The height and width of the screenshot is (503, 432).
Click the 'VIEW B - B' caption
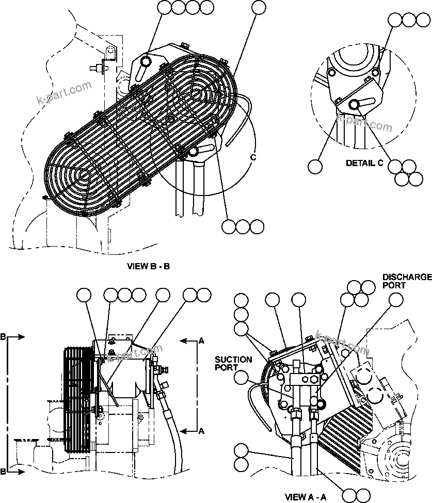tap(148, 267)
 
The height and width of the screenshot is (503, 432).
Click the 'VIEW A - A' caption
tap(306, 497)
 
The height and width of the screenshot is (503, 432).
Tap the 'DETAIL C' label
tap(364, 163)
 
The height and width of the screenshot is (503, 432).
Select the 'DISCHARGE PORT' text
tap(406, 281)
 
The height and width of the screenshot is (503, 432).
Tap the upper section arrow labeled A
tap(192, 340)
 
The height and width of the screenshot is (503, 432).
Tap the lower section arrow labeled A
tap(192, 430)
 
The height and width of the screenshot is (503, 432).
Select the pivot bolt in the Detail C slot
tap(354, 105)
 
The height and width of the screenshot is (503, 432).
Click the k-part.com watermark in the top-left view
tap(64, 91)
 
